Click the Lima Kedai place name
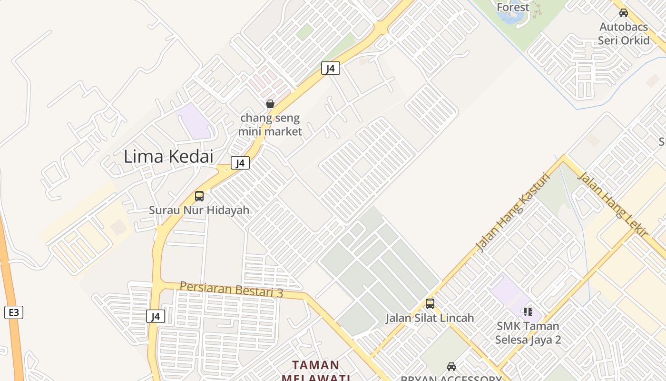tap(168, 156)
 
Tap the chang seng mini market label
tap(270, 124)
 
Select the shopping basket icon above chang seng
tap(270, 104)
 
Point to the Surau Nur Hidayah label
tap(199, 210)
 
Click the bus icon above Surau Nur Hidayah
tap(199, 196)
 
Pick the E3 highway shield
tap(14, 312)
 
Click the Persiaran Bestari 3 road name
tap(231, 289)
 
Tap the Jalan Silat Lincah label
tap(430, 318)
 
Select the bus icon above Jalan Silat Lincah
tap(430, 303)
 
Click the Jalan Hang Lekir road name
tap(612, 205)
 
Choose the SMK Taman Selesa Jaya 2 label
tap(528, 333)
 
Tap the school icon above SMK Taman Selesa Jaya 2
tap(528, 312)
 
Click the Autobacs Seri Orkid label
tap(624, 33)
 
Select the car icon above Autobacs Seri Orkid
tap(624, 13)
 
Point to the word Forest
tap(513, 7)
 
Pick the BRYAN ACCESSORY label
tap(451, 379)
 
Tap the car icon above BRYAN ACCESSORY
tap(451, 367)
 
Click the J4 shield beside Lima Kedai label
tap(240, 163)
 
